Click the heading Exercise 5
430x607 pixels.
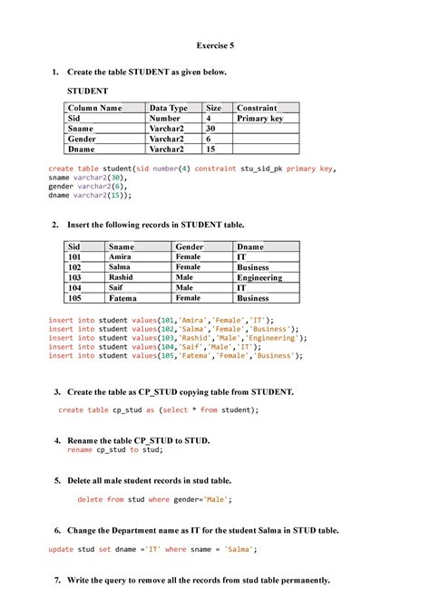coord(215,43)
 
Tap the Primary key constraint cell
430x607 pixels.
coord(259,118)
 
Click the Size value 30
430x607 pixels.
coord(210,129)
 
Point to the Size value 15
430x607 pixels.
coord(210,149)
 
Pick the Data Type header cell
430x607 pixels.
coord(168,108)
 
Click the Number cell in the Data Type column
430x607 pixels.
coord(165,118)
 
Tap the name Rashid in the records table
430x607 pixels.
coord(121,277)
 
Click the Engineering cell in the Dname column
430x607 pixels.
coord(259,277)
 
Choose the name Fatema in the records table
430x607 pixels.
coord(122,297)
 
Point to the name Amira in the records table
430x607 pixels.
coord(120,256)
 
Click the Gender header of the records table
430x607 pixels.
coord(189,246)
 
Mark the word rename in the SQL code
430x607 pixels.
coord(80,449)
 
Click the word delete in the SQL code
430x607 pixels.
coord(90,499)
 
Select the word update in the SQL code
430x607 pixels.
coord(60,549)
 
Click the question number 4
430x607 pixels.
coord(57,440)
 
